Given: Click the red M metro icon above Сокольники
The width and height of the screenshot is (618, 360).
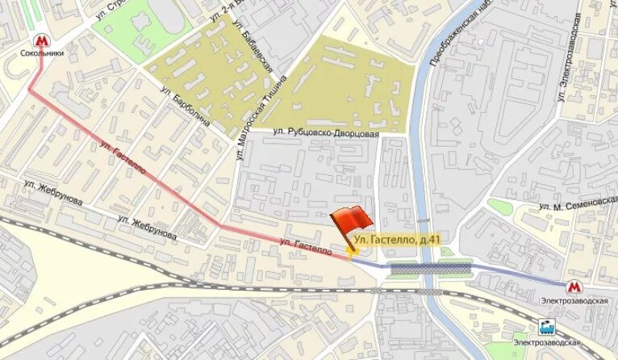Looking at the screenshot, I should [40, 40].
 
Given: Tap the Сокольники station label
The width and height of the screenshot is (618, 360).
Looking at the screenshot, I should [41, 55].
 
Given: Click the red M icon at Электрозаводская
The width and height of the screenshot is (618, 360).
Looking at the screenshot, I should [573, 287].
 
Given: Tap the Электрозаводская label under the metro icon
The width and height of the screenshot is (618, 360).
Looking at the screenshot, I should [573, 301].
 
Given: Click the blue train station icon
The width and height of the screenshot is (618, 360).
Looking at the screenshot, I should [546, 328].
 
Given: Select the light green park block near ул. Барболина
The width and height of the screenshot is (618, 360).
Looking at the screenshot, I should [129, 32].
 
